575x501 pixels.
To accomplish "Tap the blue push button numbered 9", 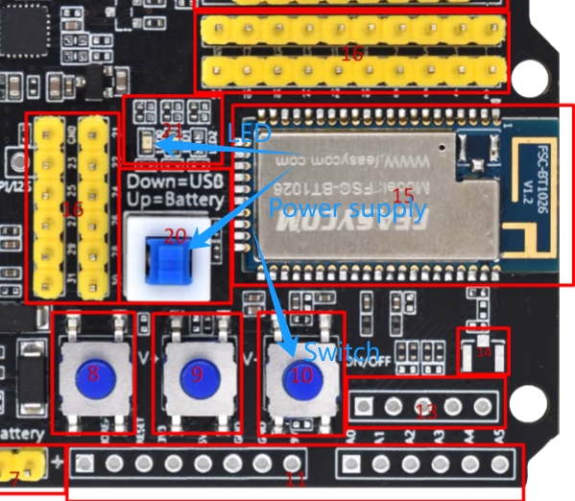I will click(197, 374).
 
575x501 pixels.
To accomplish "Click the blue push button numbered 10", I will click(301, 375).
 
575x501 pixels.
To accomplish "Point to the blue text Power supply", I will click(329, 206).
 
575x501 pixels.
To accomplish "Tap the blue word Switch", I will click(342, 351).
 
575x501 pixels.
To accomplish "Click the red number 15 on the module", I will click(403, 197).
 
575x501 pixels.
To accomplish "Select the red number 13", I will click(425, 412).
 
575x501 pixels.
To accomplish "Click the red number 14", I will click(484, 352).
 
